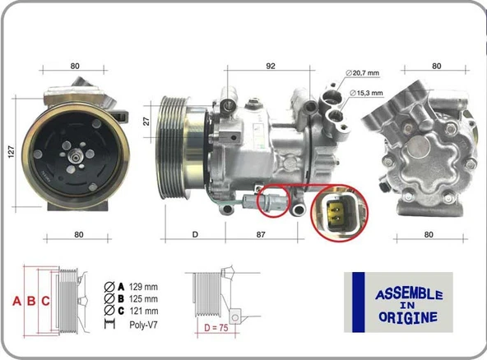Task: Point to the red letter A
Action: click(x=16, y=301)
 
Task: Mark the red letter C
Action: click(x=46, y=301)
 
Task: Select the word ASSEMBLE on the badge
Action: click(x=409, y=294)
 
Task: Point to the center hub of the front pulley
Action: click(x=76, y=154)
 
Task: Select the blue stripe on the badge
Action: click(x=358, y=302)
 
